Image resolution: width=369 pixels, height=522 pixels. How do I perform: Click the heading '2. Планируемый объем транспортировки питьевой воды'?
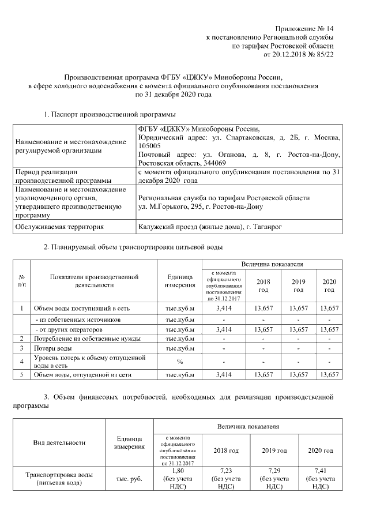(x=133, y=247)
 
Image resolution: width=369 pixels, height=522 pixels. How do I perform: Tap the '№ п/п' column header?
(x=21, y=281)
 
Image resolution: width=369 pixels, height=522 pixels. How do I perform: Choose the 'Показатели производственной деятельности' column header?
(x=95, y=281)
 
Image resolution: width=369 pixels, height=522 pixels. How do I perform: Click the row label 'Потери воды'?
(x=53, y=349)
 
